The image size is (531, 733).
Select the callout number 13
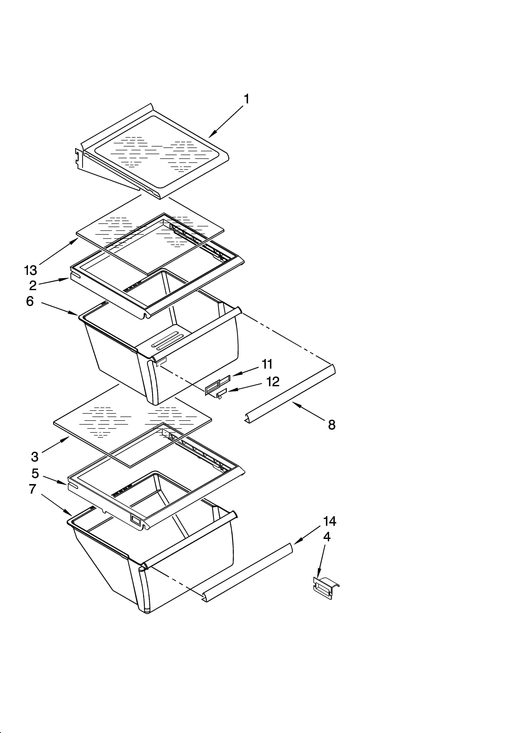(31, 270)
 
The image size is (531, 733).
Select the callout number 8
(331, 425)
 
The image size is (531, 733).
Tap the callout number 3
(35, 457)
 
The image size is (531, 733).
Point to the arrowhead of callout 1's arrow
(210, 136)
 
